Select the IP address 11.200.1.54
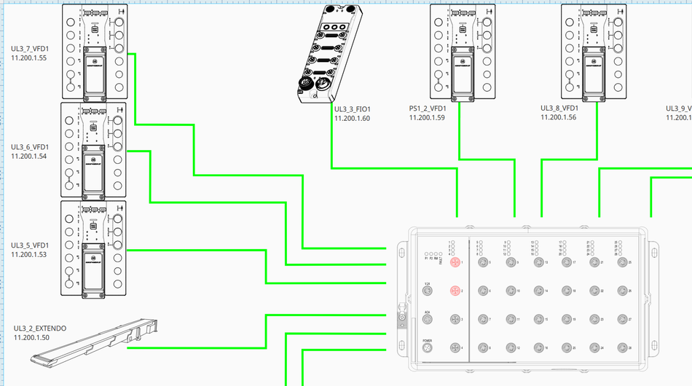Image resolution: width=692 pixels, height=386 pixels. tap(29, 156)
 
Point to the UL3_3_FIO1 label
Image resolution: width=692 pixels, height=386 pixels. tap(353, 109)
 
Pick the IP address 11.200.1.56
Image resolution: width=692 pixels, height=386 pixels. tap(558, 117)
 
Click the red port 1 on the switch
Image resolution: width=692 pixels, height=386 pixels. tap(455, 262)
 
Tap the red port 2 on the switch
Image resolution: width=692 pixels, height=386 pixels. tap(455, 291)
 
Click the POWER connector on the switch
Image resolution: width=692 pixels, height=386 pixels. tap(428, 348)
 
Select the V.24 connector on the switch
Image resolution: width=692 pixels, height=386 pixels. tap(428, 291)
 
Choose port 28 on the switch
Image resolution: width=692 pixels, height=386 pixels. tap(621, 347)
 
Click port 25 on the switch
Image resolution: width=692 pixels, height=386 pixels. tap(621, 262)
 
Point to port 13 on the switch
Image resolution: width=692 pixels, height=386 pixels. tap(538, 262)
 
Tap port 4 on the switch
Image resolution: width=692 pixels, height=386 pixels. tap(455, 347)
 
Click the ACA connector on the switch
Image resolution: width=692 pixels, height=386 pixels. tap(428, 320)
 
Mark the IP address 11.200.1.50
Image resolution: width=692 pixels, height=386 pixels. tap(31, 338)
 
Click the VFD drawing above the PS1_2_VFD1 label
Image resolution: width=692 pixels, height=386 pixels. tap(458, 51)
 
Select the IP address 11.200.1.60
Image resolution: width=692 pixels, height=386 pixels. tap(353, 118)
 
